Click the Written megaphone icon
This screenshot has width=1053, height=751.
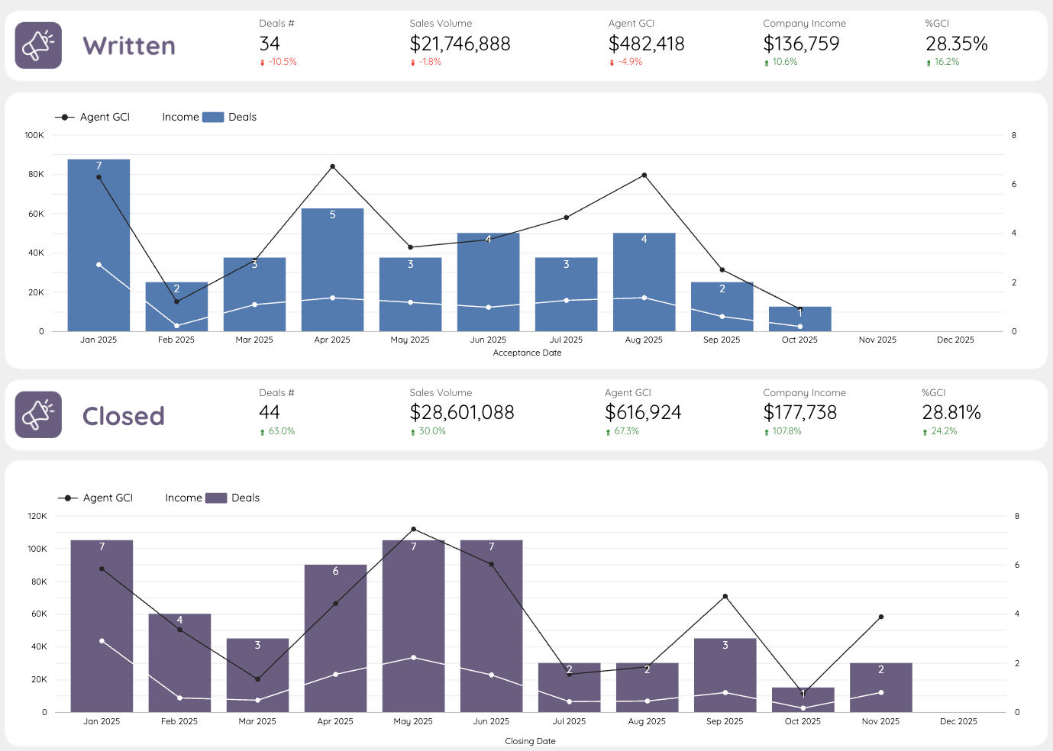pyautogui.click(x=38, y=46)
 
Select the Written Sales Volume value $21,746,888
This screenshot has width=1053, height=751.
pyautogui.click(x=460, y=44)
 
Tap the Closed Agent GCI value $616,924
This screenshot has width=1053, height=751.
pyautogui.click(x=642, y=413)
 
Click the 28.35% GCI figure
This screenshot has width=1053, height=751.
pyautogui.click(x=956, y=44)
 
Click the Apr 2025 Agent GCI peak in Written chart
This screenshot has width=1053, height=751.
pyautogui.click(x=332, y=166)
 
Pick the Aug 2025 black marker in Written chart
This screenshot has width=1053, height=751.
pyautogui.click(x=644, y=176)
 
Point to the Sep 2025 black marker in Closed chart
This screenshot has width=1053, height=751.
pyautogui.click(x=725, y=597)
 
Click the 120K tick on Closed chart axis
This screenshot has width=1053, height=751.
pyautogui.click(x=37, y=516)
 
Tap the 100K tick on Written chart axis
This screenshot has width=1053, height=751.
pyautogui.click(x=34, y=135)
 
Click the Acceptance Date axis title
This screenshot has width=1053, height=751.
pyautogui.click(x=527, y=353)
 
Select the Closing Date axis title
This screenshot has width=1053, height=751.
pyautogui.click(x=530, y=741)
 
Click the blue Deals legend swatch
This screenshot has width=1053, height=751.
pyautogui.click(x=212, y=117)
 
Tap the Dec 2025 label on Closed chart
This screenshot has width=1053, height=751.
pyautogui.click(x=958, y=721)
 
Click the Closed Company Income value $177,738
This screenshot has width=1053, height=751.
pyautogui.click(x=799, y=413)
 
